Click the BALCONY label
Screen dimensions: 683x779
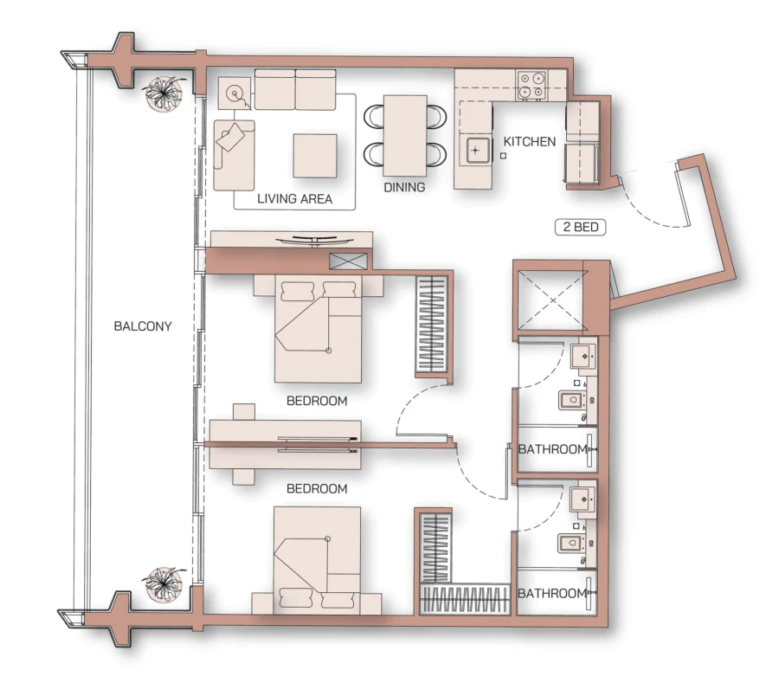coord(143,326)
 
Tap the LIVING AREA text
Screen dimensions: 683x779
coord(295,198)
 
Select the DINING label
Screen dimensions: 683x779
coord(404,186)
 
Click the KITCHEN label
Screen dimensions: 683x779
coord(529,141)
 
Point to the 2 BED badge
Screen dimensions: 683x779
coord(580,229)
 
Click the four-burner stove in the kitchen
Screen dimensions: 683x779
coord(531,85)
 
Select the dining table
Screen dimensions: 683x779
coord(404,134)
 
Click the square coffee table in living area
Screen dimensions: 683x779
coord(315,155)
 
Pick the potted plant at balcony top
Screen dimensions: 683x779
coord(164,93)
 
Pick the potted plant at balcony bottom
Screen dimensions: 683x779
coord(164,583)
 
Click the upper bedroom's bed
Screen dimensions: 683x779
coord(317,329)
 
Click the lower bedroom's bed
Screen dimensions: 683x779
coord(317,559)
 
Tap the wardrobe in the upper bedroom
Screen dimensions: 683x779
coord(432,325)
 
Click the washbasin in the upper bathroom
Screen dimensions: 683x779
coord(582,356)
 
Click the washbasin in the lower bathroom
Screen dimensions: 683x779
coord(582,499)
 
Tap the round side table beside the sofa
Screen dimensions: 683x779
coord(234,92)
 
